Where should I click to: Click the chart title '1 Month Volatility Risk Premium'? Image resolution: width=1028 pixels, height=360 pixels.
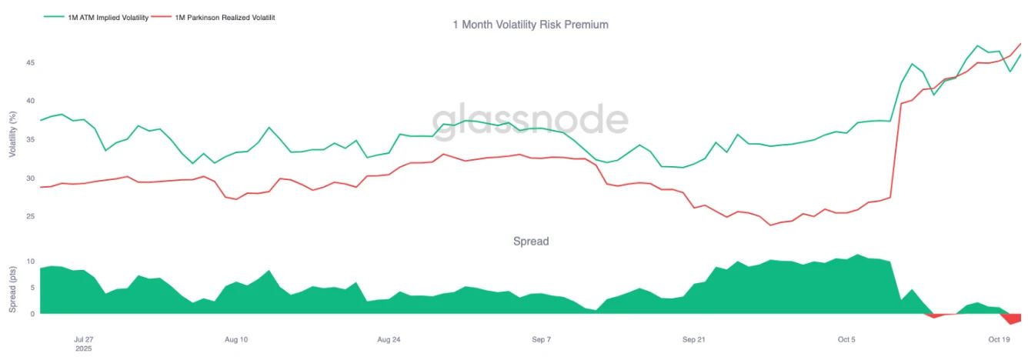point(530,25)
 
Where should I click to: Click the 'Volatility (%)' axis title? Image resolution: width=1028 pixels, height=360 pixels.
point(12,135)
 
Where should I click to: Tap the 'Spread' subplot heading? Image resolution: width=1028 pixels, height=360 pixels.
point(531,242)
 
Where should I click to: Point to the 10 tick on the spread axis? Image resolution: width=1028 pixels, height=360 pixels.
point(32,262)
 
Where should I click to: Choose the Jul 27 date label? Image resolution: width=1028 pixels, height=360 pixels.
point(83,339)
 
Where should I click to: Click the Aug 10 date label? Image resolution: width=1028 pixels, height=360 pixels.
point(236,339)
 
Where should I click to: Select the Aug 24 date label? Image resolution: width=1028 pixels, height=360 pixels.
point(389,339)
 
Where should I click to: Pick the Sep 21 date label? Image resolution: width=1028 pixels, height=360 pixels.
point(693,339)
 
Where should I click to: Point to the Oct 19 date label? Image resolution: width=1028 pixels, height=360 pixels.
point(999,339)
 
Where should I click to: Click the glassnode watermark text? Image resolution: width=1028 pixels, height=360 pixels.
point(530,120)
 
